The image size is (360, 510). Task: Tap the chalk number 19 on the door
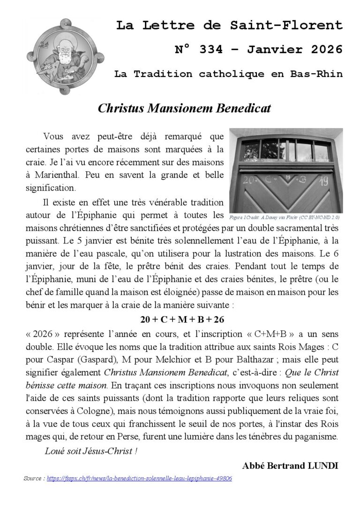click(323, 181)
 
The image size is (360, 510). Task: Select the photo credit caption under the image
click(285, 218)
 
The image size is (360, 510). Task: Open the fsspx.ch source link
click(139, 479)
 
